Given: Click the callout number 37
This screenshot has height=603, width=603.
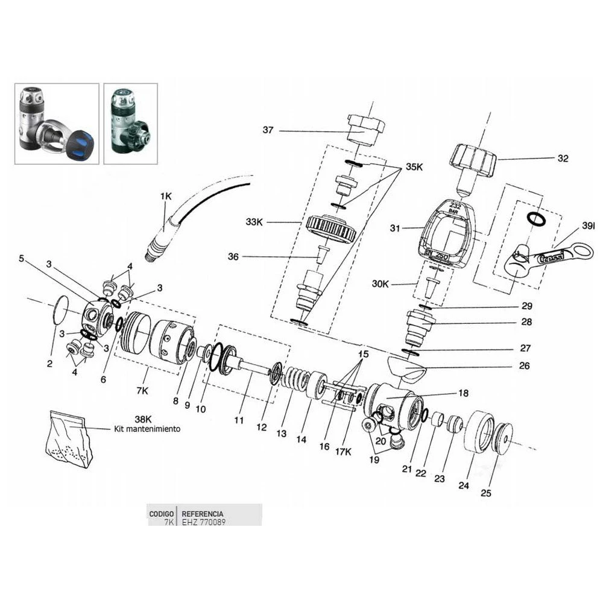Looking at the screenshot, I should point(268,130).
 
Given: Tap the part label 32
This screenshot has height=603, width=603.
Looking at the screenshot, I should point(563,159).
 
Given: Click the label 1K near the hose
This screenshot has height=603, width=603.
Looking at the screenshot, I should point(166,196).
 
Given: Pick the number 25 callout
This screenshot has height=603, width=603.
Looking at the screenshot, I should point(486,493).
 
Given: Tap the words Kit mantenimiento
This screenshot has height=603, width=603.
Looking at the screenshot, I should point(147,430).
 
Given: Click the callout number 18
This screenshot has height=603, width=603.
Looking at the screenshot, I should point(463,393).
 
